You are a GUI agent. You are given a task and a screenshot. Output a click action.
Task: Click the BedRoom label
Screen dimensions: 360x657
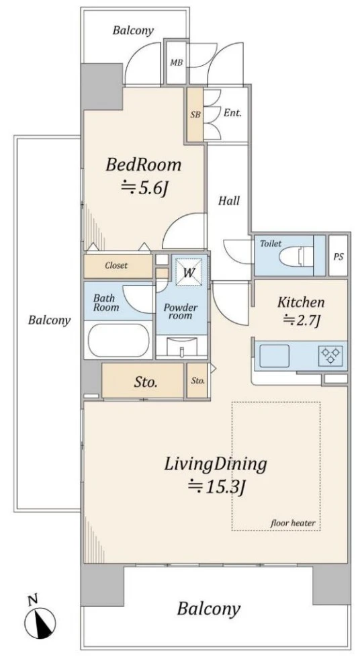(143, 165)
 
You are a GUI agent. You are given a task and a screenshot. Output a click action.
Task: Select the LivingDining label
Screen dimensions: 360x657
(216, 464)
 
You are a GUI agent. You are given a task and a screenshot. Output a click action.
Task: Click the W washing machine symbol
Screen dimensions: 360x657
(189, 272)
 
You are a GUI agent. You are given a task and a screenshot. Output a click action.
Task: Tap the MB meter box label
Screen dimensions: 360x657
(177, 63)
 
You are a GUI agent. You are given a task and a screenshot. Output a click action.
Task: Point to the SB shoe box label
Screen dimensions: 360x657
(195, 114)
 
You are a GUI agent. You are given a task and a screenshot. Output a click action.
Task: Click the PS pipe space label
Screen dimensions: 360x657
(339, 257)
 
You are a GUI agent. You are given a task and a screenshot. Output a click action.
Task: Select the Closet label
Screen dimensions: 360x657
(116, 265)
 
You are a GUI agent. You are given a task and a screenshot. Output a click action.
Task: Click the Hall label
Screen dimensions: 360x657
(229, 201)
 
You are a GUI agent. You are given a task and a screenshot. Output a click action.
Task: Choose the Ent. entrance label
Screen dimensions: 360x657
(232, 113)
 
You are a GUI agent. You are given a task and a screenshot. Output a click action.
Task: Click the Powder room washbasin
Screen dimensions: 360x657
(182, 347)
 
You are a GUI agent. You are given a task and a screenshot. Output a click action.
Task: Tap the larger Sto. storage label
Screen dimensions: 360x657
(146, 382)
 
